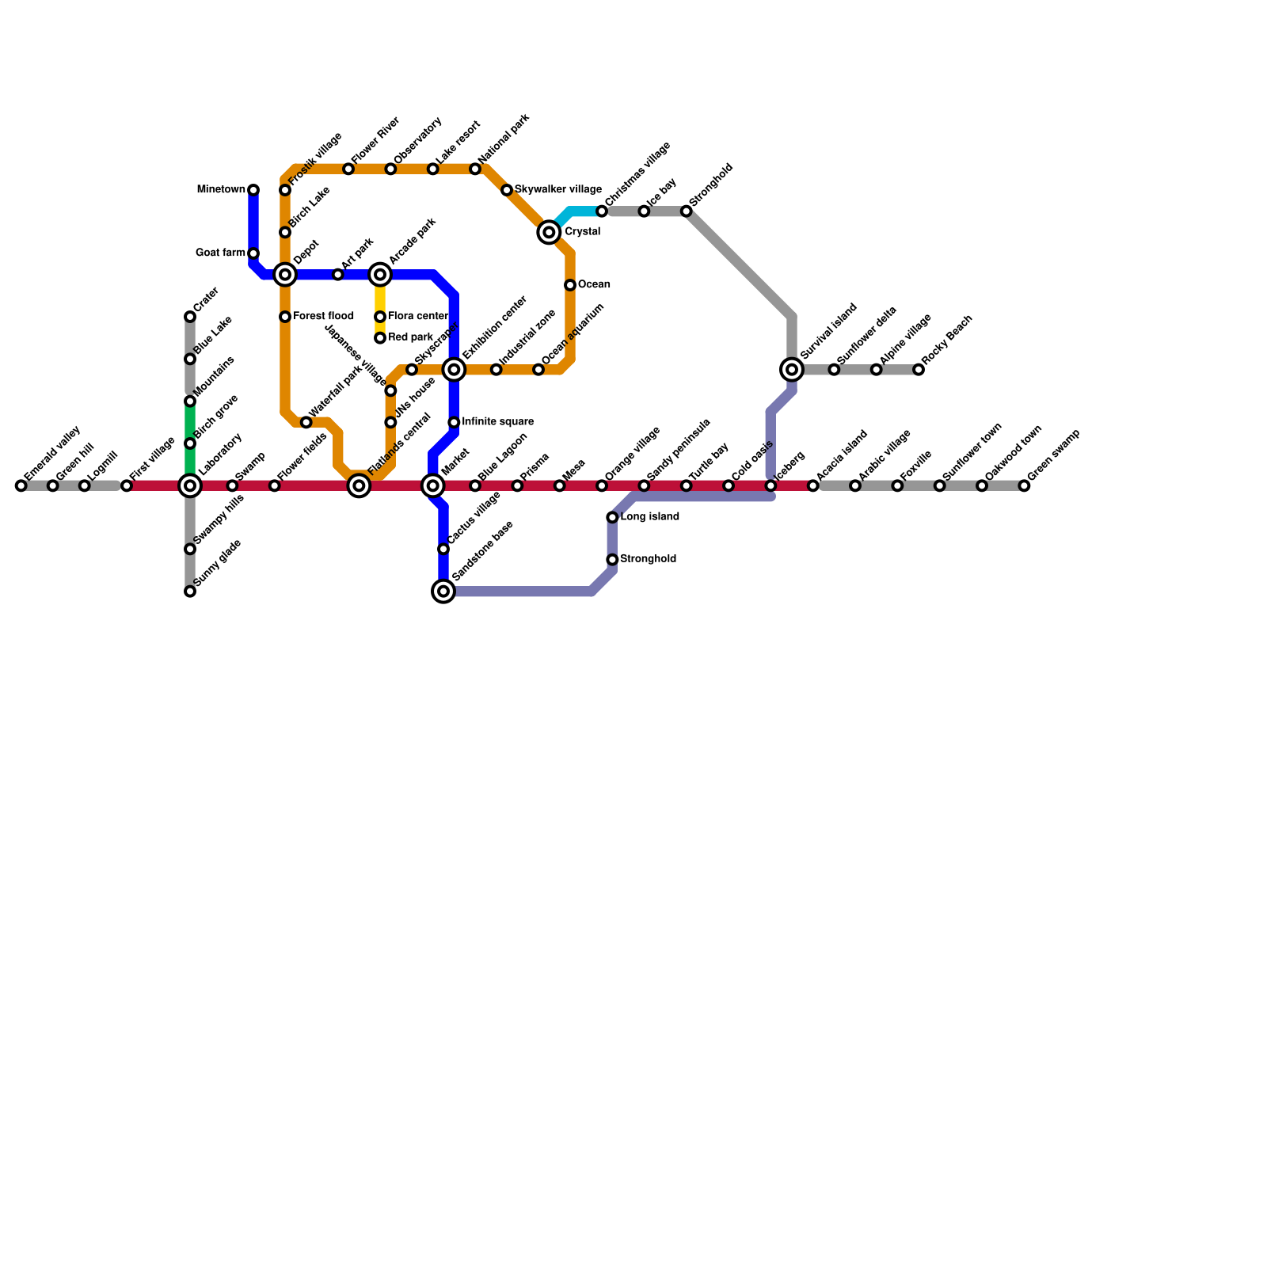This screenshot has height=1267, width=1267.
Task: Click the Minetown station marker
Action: (x=253, y=190)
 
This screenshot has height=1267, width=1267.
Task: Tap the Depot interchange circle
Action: (x=285, y=275)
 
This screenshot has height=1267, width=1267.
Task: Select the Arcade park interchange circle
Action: (x=380, y=275)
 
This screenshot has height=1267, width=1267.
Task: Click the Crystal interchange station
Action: (x=549, y=232)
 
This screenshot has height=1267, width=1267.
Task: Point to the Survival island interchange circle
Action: (x=792, y=369)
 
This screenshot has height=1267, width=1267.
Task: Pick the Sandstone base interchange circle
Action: (x=444, y=591)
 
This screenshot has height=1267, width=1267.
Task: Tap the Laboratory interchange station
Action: (x=190, y=485)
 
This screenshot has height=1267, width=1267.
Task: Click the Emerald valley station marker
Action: (x=21, y=485)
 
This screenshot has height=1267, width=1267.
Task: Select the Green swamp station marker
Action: (x=1024, y=485)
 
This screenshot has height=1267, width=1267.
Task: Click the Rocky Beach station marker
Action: (x=919, y=369)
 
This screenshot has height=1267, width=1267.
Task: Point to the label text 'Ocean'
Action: (x=594, y=285)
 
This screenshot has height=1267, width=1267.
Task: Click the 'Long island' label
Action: (x=649, y=517)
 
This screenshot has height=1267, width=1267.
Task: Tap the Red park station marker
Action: (x=380, y=338)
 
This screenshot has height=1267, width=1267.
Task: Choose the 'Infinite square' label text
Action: (x=497, y=422)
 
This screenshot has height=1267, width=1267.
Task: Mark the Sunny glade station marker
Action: (x=190, y=591)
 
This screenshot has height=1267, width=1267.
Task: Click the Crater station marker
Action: (x=190, y=317)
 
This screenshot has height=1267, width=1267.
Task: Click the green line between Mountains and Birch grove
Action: (x=190, y=422)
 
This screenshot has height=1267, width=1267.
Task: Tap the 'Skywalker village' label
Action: (x=557, y=190)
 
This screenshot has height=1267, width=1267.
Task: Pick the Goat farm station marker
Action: (x=253, y=253)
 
